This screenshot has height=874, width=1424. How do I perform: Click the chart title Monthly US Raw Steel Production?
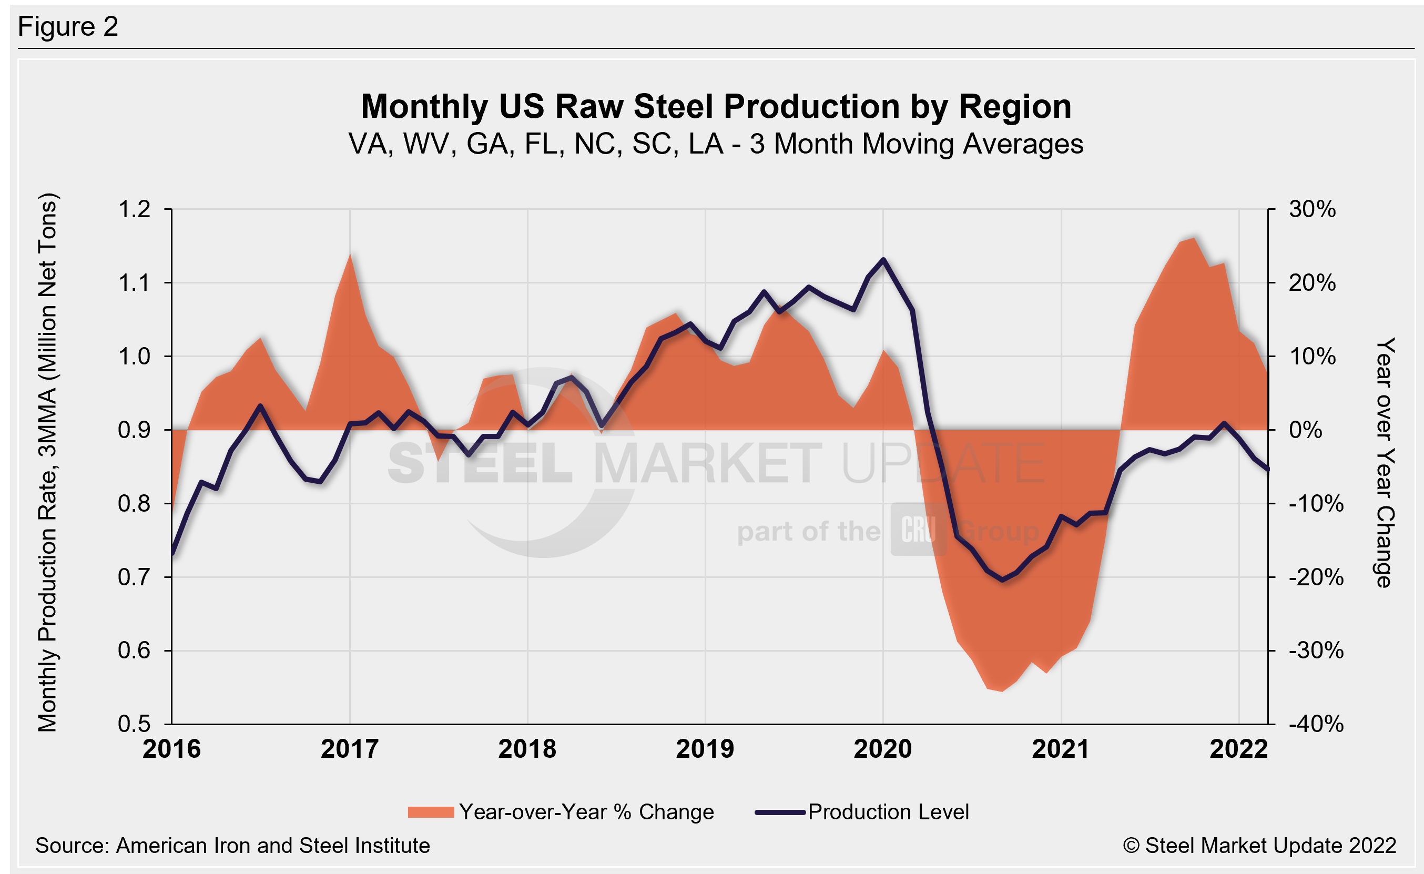point(716,107)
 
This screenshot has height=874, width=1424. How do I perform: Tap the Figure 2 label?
point(68,27)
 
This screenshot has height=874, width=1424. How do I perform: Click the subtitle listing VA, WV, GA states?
point(716,144)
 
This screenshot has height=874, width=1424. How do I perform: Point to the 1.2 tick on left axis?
point(134,209)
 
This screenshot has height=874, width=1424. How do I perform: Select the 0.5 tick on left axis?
point(134,724)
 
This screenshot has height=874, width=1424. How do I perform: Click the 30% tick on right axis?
point(1312,209)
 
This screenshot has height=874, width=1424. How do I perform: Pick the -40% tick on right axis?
point(1316,724)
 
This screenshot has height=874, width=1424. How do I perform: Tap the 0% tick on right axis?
point(1305,430)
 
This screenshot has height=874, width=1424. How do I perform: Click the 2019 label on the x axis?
point(705,750)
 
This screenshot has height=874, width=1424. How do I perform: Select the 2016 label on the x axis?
point(171,750)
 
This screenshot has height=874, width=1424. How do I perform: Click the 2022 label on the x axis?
point(1238,750)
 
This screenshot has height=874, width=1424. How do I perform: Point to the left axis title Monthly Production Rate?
point(47,462)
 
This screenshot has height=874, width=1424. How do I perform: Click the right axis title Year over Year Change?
point(1385,462)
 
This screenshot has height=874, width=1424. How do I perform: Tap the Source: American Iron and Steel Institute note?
point(232,846)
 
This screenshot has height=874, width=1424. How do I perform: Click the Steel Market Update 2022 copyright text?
point(1259,846)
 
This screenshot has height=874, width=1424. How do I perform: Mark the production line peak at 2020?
point(883,260)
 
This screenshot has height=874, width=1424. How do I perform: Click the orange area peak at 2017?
point(350,255)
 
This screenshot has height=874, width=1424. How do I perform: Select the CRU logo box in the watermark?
point(918,529)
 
